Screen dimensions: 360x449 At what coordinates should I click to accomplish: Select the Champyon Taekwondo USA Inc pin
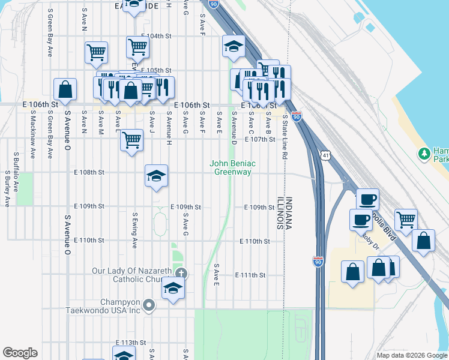click(150, 306)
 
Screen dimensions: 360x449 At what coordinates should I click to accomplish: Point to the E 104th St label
click(156, 36)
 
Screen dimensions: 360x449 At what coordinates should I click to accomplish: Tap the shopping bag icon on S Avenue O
click(65, 90)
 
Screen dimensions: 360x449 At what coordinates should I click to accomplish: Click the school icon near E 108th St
click(156, 176)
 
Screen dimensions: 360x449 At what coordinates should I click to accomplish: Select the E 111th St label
click(250, 275)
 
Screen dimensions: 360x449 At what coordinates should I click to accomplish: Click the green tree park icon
click(425, 154)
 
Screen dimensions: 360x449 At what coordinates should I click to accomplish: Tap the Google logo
click(20, 353)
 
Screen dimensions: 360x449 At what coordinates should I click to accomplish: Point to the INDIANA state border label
click(288, 214)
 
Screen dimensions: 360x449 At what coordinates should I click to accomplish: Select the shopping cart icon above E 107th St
click(131, 140)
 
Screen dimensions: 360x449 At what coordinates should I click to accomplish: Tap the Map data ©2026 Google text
click(411, 355)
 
